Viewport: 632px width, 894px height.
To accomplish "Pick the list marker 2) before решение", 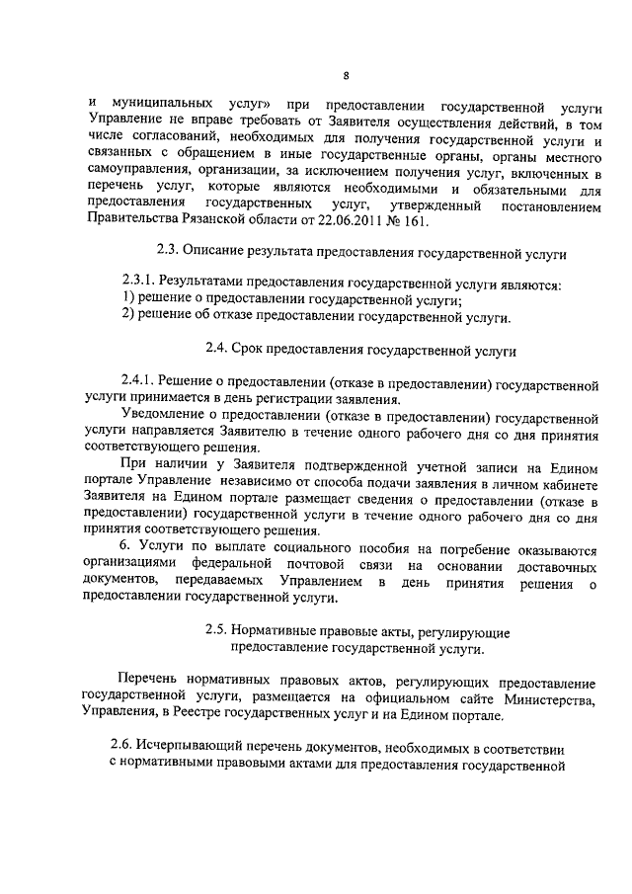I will pyautogui.click(x=127, y=317).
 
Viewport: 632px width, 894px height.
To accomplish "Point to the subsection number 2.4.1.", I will pyautogui.click(x=139, y=382).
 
